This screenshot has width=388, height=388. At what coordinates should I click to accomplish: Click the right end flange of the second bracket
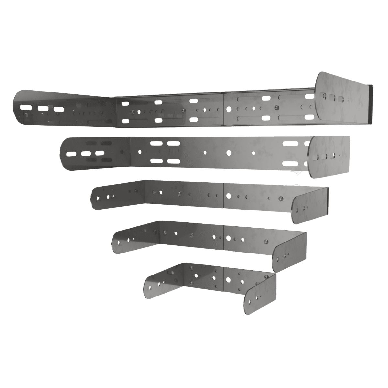pos(330,157)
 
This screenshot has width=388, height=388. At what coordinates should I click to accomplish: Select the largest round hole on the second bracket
pos(229,152)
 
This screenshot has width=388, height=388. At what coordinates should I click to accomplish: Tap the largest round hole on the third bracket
pos(229,196)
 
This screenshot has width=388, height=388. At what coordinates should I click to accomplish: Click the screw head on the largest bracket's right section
pos(276,107)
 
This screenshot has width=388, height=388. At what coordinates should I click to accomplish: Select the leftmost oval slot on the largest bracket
pos(25,107)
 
